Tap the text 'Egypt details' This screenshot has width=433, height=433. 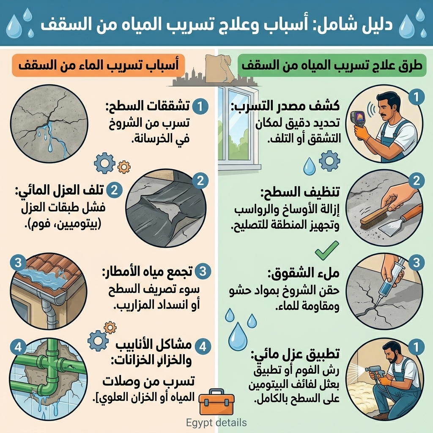pos(216,422)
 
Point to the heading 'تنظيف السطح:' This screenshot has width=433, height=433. pos(292,192)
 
